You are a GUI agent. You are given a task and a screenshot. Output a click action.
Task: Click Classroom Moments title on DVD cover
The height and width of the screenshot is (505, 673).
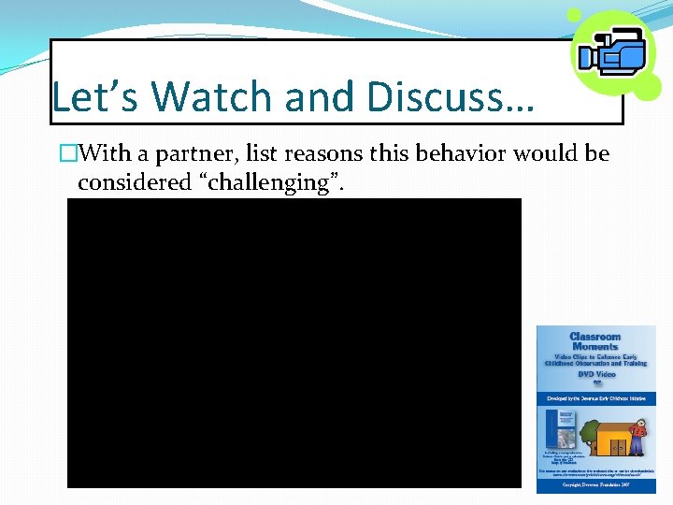pyautogui.click(x=595, y=341)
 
